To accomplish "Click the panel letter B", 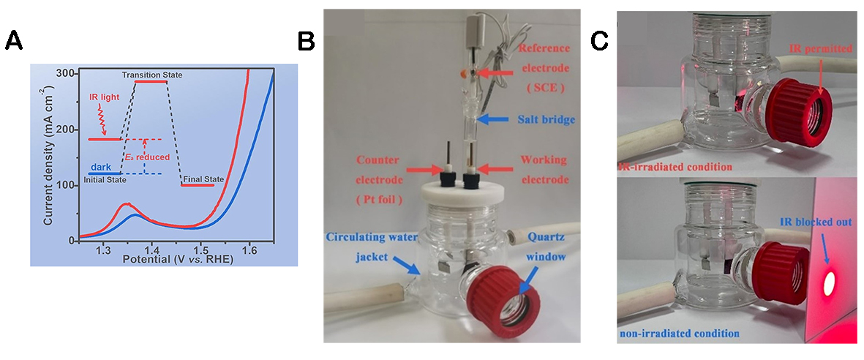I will coord(307,42).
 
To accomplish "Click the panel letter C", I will coord(599,42).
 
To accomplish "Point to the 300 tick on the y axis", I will coord(67,74).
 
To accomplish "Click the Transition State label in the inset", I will coord(152,75).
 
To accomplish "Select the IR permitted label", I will coord(819,49).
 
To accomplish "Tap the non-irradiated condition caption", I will coord(680,334).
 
